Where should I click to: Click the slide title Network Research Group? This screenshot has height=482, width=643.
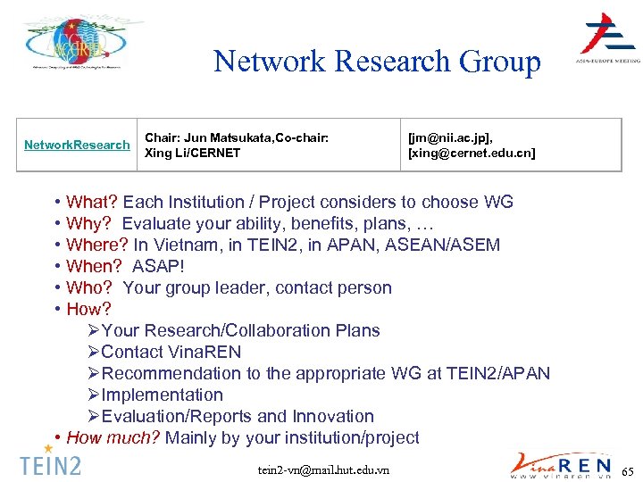pyautogui.click(x=377, y=62)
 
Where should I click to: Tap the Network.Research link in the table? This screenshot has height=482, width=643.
pyautogui.click(x=77, y=145)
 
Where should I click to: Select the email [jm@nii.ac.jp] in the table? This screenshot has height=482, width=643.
pyautogui.click(x=450, y=137)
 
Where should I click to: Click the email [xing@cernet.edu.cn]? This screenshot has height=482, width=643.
pyautogui.click(x=472, y=153)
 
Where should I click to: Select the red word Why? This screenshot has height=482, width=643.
pyautogui.click(x=89, y=223)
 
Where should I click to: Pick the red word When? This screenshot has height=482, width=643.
pyautogui.click(x=94, y=266)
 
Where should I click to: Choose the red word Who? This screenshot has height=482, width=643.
pyautogui.click(x=89, y=287)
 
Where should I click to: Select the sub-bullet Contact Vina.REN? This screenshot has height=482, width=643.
pyautogui.click(x=171, y=352)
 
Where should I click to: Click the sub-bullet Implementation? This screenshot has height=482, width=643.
pyautogui.click(x=162, y=395)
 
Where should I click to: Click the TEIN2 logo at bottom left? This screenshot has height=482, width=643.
pyautogui.click(x=50, y=463)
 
